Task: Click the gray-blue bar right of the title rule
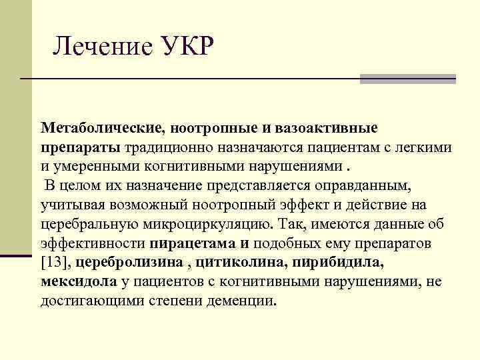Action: tap(407, 79)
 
